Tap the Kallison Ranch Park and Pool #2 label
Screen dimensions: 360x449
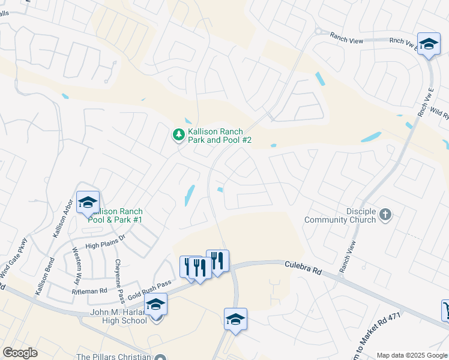219,136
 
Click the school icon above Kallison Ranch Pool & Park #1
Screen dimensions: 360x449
88,203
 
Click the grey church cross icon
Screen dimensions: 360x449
385,214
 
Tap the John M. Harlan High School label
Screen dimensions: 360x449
118,316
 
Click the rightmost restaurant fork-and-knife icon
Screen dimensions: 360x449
217,260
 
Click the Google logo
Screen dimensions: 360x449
20,352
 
